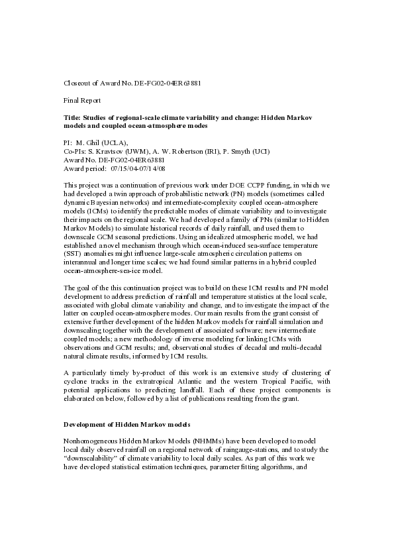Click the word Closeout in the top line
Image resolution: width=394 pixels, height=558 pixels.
point(77,84)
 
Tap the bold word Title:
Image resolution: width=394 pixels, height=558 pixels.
point(72,117)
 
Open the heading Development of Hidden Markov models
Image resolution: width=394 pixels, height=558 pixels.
point(127,423)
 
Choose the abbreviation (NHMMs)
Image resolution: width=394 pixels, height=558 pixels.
point(195,441)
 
